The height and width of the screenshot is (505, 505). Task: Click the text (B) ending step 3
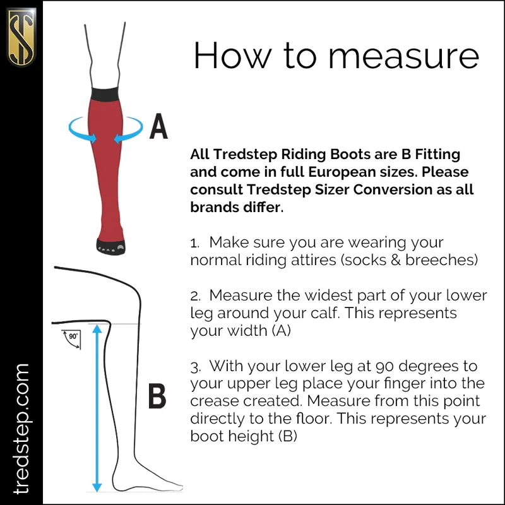(287, 436)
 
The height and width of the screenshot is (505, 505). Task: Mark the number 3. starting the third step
(194, 366)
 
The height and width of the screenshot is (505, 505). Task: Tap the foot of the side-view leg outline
(155, 480)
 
